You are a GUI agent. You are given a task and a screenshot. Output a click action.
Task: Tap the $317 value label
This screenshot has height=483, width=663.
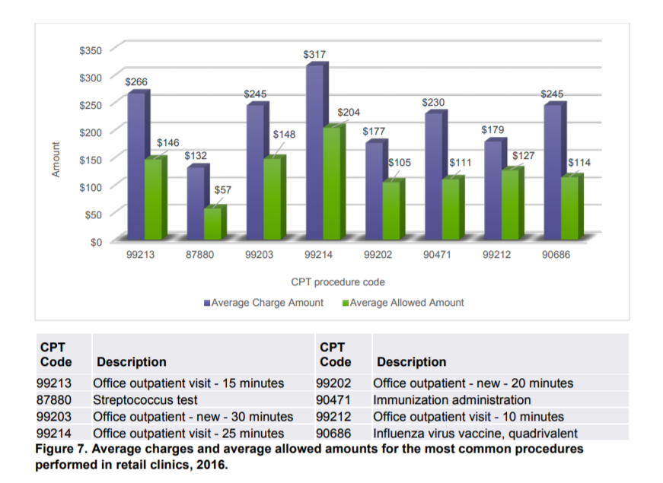(314, 55)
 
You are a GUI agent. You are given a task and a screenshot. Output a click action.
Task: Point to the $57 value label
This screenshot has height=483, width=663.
(223, 189)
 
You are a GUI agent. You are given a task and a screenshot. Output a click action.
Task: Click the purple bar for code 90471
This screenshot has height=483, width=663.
(433, 176)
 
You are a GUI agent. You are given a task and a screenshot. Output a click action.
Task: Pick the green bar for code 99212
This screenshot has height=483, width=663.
(512, 204)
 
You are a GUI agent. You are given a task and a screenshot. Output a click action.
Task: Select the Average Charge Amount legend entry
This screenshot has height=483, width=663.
(263, 303)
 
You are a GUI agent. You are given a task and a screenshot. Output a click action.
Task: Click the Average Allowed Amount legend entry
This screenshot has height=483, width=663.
(403, 303)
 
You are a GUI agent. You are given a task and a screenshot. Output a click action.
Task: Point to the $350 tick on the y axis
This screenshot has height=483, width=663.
(90, 50)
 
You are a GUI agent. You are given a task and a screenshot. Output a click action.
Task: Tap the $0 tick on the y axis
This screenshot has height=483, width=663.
(95, 242)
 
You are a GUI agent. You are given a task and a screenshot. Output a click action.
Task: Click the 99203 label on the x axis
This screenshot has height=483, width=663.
(260, 256)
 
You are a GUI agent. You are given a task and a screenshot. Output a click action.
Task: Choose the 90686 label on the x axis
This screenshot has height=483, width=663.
(556, 256)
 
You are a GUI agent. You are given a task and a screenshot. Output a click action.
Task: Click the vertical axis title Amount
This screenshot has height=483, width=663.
(55, 160)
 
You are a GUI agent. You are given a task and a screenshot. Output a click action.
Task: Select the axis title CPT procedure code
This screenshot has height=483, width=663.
(338, 282)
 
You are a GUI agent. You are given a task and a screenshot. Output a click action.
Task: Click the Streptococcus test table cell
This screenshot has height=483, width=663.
(145, 399)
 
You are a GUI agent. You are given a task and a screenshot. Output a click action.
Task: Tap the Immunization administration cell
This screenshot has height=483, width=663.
(451, 399)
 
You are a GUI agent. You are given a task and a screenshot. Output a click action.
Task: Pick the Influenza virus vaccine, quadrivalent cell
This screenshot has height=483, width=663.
(475, 434)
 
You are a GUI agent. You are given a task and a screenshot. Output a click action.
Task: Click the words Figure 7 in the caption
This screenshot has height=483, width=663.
(63, 448)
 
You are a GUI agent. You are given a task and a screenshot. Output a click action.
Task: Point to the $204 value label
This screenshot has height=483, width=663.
(349, 113)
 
